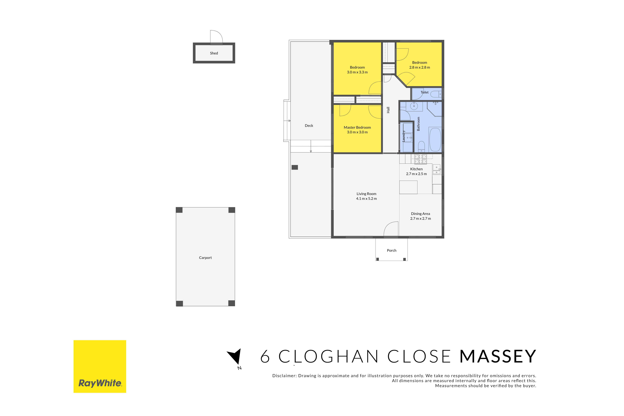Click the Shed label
[x=214, y=53]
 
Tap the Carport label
[x=205, y=258]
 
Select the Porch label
[x=392, y=250]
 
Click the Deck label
[x=309, y=125]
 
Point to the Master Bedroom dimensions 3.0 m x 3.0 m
[x=357, y=132]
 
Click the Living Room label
[x=366, y=194]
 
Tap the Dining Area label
[x=421, y=214]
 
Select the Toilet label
[x=424, y=92]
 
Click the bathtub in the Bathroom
[x=435, y=140]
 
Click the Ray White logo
[x=100, y=366]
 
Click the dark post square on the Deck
[x=295, y=167]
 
